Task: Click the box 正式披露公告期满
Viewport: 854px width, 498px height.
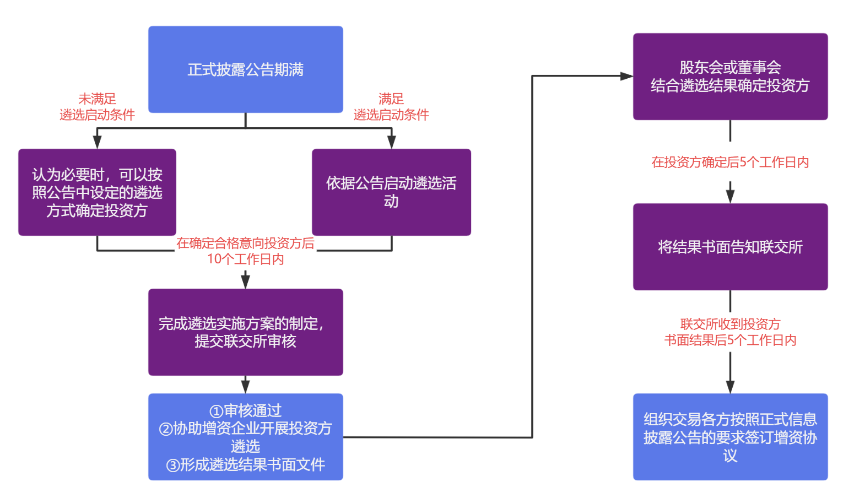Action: [245, 69]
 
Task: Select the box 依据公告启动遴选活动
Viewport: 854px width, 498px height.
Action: [391, 192]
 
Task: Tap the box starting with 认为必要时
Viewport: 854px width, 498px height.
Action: [97, 192]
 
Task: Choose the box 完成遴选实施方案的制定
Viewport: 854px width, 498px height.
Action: [245, 332]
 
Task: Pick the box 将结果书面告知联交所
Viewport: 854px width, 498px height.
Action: [730, 247]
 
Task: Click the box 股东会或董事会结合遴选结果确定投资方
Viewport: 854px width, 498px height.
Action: [730, 76]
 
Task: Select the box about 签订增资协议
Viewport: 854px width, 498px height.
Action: [730, 436]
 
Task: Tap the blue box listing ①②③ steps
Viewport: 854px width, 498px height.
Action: [245, 436]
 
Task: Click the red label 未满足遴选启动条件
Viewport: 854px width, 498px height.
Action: [97, 107]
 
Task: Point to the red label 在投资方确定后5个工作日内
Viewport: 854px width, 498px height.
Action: [730, 162]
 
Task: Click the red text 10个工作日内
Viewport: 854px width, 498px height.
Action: [245, 259]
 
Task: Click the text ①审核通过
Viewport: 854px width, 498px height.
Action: [245, 410]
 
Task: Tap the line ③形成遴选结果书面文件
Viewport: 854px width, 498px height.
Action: [245, 464]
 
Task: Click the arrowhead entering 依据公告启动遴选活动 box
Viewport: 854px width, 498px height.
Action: [391, 142]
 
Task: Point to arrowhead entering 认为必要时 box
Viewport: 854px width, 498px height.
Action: [97, 142]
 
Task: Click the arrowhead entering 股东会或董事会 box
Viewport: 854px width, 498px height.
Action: [626, 76]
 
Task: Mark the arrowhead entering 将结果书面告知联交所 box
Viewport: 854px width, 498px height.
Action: [730, 197]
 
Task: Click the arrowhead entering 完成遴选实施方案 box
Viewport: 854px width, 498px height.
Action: [245, 282]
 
